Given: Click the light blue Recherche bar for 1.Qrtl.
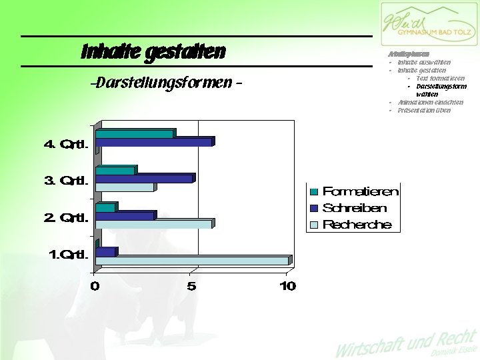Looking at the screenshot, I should [193, 261].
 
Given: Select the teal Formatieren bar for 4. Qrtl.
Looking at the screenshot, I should [134, 134].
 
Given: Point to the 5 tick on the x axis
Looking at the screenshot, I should [191, 286].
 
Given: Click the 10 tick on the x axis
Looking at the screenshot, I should [287, 286].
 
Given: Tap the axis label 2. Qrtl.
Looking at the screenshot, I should [65, 217].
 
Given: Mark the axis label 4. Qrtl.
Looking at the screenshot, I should [65, 143].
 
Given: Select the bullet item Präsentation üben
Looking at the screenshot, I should [424, 110].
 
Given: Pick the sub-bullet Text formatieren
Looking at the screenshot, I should [439, 78].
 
